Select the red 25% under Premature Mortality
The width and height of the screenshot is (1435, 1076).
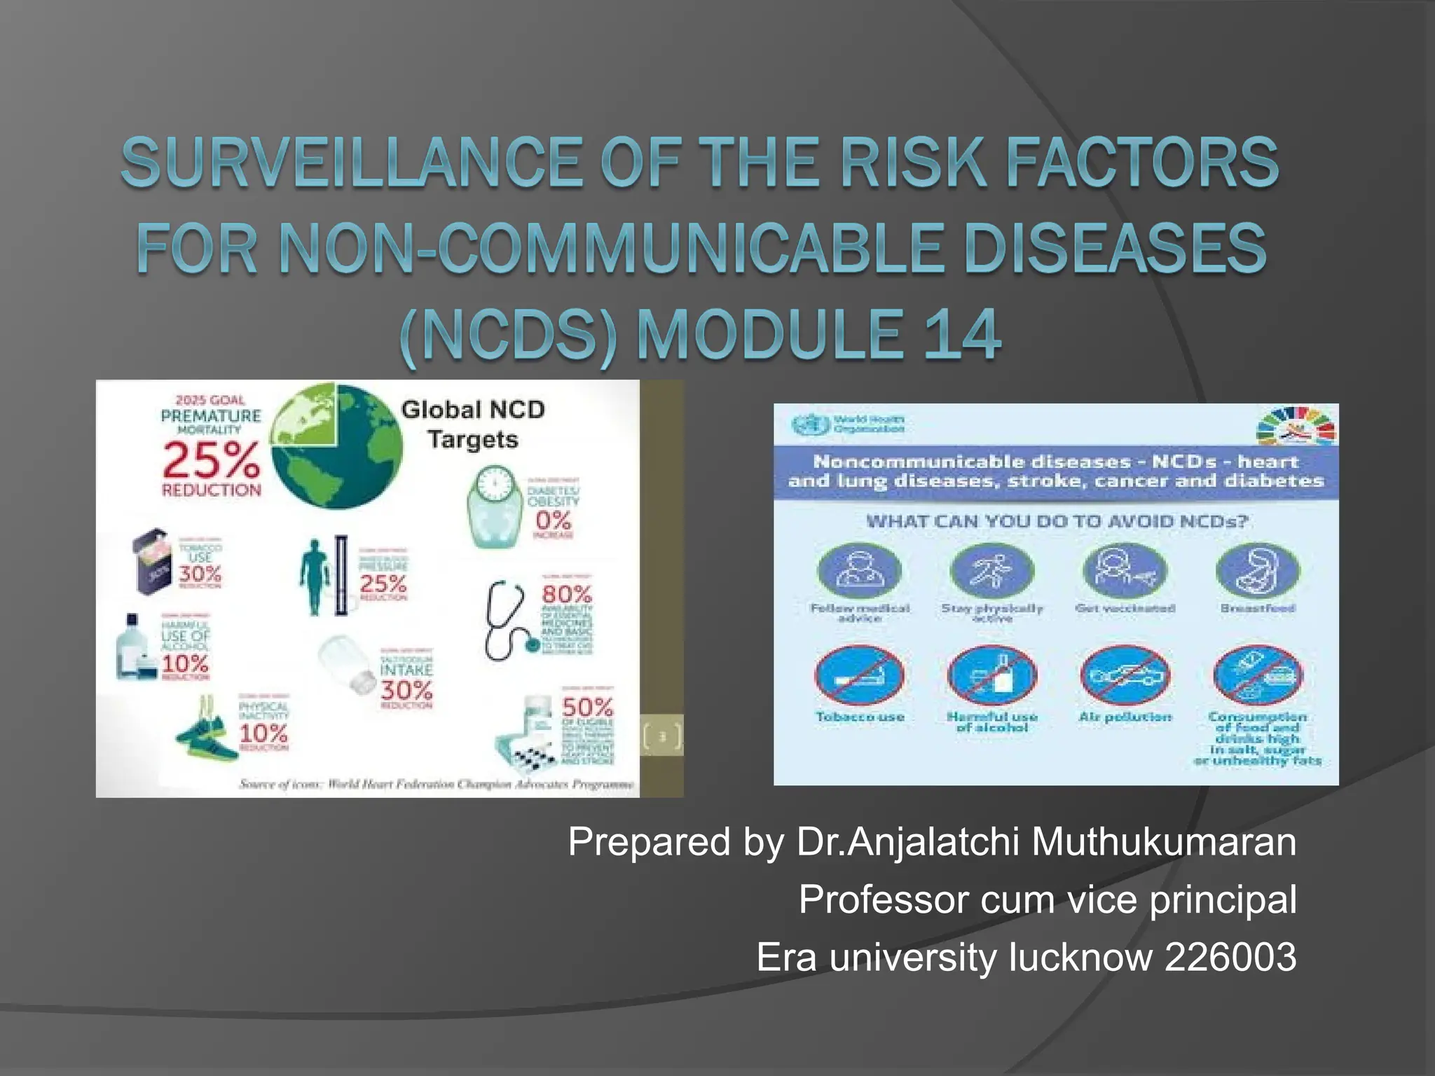pos(211,462)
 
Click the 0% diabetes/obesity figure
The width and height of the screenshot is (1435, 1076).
pos(554,520)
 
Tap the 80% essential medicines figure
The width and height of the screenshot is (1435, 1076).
pos(567,594)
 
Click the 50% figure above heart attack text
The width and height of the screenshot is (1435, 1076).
pos(587,706)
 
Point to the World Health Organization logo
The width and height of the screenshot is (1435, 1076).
pos(849,424)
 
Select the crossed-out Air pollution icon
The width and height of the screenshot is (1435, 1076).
pos(1125,676)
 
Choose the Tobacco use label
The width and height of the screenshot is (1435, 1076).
pos(860,717)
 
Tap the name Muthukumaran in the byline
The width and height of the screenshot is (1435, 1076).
pos(1163,841)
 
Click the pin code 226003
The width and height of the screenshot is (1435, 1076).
pos(1230,957)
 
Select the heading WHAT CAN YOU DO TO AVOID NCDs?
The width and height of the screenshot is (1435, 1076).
pos(1047,521)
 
